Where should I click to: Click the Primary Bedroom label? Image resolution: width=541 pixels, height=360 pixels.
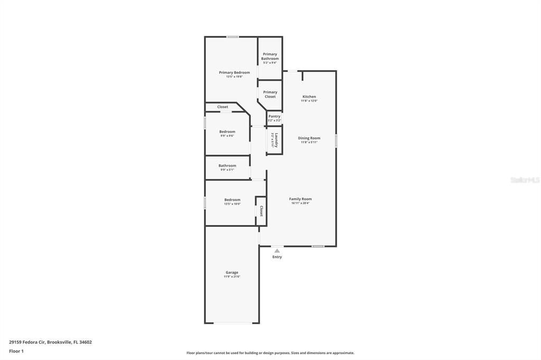234,72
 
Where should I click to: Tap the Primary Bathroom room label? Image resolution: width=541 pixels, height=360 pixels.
269,56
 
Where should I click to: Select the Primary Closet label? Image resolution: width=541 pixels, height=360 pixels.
270,94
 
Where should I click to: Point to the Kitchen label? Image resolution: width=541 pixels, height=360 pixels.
309,97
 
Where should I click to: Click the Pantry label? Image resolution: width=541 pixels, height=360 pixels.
274,116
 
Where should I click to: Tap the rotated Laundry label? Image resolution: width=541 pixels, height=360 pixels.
276,140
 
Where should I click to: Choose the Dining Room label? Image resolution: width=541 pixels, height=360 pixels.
309,138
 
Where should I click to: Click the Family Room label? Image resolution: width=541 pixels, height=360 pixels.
300,199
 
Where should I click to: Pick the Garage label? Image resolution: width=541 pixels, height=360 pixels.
232,272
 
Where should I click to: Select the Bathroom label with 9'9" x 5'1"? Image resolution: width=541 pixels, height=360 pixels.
227,166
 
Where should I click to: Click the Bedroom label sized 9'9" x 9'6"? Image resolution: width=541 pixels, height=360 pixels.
227,131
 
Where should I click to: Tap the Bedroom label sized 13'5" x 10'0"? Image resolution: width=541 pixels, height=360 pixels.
232,200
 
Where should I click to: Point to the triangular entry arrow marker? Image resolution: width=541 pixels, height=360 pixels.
277,251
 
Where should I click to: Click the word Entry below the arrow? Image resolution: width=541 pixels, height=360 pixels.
277,257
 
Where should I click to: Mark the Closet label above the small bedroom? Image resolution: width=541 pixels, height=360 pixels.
222,107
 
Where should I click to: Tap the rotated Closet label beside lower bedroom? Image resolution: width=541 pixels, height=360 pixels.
261,211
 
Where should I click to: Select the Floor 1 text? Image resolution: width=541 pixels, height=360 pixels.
16,351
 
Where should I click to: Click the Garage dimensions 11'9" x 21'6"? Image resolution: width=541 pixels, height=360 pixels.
232,277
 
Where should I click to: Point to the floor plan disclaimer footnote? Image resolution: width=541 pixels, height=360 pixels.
270,353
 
